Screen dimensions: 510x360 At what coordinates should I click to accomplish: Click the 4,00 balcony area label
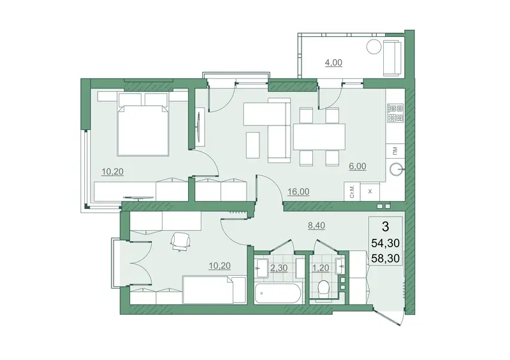333,62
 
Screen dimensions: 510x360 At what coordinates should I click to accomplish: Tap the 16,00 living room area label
298,192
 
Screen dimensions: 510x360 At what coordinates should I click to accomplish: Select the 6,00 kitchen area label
357,166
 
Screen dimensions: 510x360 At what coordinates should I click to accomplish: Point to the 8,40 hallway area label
316,226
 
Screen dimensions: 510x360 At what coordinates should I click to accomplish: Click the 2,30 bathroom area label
279,268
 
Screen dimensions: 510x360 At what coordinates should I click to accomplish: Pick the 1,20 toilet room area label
321,268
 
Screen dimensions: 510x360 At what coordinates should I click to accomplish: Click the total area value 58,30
386,259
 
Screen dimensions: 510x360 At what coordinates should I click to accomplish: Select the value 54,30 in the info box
386,243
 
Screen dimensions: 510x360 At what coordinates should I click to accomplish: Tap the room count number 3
386,227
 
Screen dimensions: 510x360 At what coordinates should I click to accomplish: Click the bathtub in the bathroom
279,294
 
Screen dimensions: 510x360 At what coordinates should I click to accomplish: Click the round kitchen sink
397,169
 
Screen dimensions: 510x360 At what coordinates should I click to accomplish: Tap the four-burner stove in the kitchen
395,113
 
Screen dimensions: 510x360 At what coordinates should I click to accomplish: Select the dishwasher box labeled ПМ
395,150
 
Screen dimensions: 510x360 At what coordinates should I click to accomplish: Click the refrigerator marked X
370,192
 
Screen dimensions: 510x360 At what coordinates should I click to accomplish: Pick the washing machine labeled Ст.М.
353,192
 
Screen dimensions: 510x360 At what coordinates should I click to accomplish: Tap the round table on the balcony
374,47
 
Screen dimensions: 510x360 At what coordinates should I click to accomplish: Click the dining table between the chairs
319,136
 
